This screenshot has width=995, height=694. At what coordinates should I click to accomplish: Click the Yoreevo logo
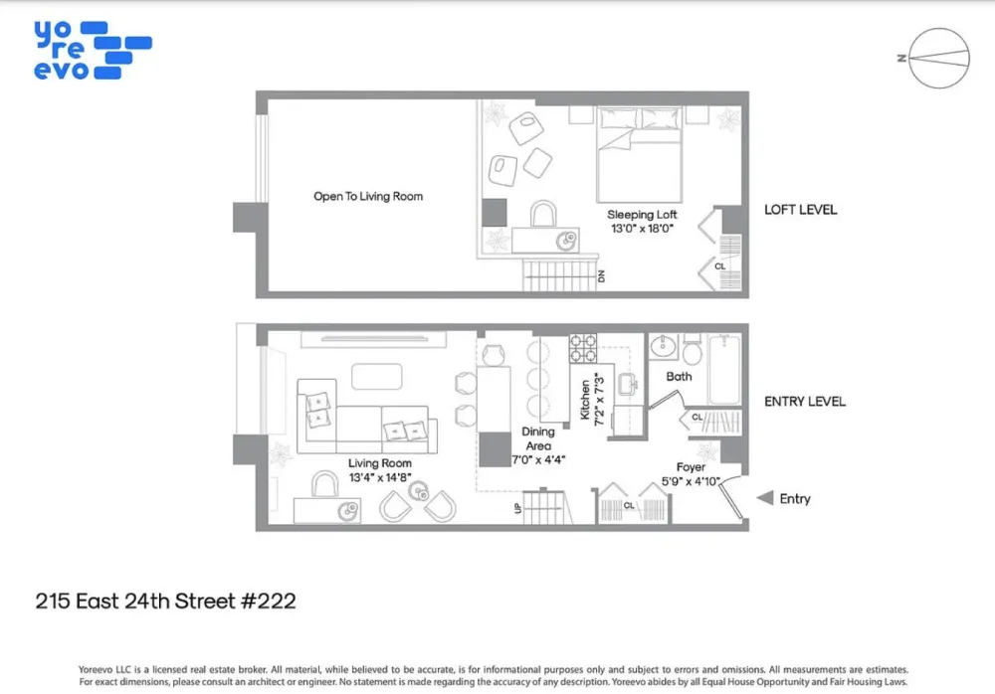click(x=93, y=50)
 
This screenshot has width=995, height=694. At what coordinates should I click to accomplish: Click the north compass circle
click(x=939, y=28)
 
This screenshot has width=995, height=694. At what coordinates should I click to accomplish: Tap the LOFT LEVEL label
click(x=800, y=210)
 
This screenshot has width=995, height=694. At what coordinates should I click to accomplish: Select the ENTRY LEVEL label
click(x=805, y=402)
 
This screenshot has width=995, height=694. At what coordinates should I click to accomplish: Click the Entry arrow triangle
click(x=766, y=498)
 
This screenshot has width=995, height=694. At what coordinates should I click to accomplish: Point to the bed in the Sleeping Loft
click(x=639, y=155)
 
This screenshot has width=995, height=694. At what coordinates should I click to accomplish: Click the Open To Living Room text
click(x=368, y=197)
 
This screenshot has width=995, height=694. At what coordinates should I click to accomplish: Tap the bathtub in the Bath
click(x=724, y=369)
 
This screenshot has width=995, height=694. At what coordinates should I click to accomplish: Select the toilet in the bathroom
click(x=692, y=350)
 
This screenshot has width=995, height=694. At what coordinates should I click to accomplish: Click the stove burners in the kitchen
click(x=582, y=348)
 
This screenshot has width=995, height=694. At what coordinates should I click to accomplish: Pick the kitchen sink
click(x=628, y=384)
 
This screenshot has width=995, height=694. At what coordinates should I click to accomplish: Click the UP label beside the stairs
click(x=517, y=508)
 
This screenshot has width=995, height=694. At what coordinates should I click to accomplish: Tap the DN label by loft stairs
click(x=601, y=276)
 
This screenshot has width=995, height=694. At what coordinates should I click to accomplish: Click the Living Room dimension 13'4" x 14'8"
click(x=379, y=477)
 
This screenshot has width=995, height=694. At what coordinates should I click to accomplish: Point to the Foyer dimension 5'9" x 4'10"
click(x=691, y=481)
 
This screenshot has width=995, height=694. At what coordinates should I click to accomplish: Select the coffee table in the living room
click(x=376, y=376)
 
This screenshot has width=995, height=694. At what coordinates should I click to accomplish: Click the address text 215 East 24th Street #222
click(x=165, y=601)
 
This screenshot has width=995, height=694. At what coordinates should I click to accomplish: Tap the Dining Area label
click(x=538, y=438)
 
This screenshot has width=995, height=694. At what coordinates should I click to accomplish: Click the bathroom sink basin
click(x=663, y=346)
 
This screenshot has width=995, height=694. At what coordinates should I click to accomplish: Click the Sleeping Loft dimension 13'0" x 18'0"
click(x=642, y=229)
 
